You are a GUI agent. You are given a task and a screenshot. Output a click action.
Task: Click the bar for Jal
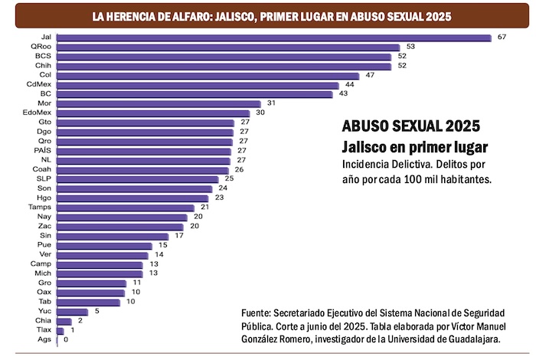(x=273, y=38)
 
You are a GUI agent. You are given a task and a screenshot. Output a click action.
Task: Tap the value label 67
(x=502, y=38)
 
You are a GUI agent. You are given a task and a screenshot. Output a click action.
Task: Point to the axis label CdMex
(x=38, y=84)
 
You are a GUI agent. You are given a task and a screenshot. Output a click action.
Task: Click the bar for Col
(x=208, y=75)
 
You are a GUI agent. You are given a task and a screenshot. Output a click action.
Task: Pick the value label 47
(x=370, y=75)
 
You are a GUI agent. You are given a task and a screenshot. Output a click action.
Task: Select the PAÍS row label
(x=43, y=150)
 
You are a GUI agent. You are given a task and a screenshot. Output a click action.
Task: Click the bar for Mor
(x=159, y=103)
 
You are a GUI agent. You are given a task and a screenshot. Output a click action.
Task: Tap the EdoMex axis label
(x=37, y=113)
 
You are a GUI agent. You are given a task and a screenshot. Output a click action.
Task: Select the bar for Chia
(x=64, y=320)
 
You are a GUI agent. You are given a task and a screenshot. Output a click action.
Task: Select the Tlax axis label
(x=44, y=329)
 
